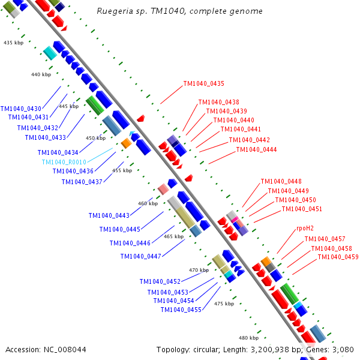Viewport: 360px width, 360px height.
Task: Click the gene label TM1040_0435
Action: [x=203, y=83]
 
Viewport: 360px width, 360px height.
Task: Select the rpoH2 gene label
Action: [x=305, y=228]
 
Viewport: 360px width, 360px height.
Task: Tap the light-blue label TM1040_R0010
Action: [x=64, y=162]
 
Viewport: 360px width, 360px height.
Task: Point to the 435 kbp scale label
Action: [x=14, y=43]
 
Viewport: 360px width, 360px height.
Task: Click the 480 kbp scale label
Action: [x=248, y=338]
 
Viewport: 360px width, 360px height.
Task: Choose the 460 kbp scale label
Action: [x=148, y=203]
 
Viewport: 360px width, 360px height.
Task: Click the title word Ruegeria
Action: [x=115, y=11]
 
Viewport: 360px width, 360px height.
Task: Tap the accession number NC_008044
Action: [x=65, y=350]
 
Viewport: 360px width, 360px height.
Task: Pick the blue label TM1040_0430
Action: [x=21, y=109]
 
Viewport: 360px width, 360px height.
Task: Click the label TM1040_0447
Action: [x=141, y=256]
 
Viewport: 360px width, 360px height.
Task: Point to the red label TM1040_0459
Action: [x=338, y=257]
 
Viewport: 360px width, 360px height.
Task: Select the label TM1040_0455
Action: [x=181, y=310]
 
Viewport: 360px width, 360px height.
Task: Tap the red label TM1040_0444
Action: [x=256, y=149]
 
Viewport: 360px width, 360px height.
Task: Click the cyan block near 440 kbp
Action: [x=50, y=53]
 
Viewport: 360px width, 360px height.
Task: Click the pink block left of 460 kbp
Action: [x=163, y=189]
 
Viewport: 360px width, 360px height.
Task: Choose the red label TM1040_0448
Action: [x=281, y=181]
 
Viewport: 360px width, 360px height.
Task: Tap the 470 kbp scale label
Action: [x=199, y=270]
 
